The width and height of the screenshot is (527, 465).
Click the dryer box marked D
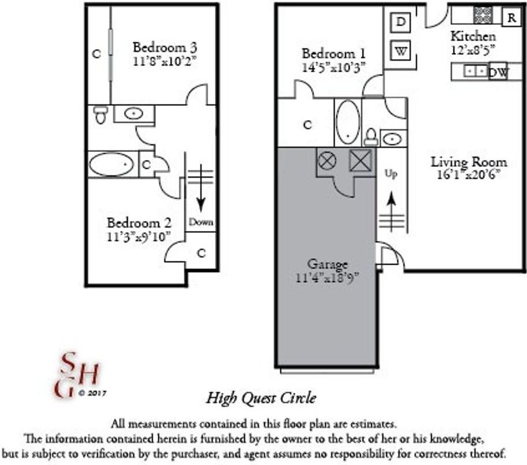click(401, 23)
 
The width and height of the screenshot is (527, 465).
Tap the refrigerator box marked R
click(511, 17)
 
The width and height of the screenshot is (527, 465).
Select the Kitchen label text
click(473, 36)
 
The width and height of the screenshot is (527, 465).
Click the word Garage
click(327, 265)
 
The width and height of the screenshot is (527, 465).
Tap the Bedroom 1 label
click(333, 54)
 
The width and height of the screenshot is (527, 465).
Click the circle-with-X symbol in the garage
click(327, 161)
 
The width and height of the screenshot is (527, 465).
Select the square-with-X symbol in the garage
click(359, 160)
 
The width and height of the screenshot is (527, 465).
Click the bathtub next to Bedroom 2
click(112, 165)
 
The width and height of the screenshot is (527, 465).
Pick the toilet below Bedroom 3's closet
click(101, 114)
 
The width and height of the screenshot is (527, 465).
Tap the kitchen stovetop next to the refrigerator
click(483, 14)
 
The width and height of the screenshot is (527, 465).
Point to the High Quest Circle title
click(261, 397)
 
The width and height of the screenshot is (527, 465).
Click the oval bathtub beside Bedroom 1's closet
click(347, 122)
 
